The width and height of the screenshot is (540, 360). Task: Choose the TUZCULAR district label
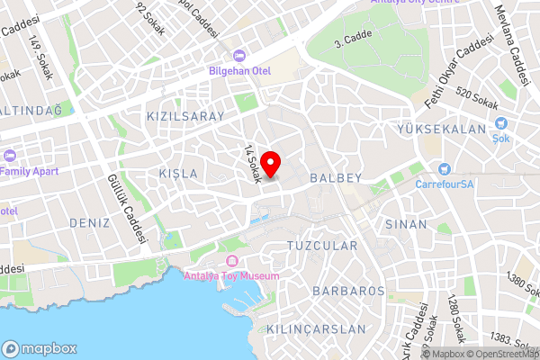point(321,246)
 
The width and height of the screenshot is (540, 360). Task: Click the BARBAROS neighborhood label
point(348,292)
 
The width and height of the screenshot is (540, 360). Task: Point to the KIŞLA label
point(177,173)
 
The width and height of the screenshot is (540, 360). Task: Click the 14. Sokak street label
point(251,165)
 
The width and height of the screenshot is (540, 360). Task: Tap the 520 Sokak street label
point(477,100)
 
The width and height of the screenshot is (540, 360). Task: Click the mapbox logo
point(39,348)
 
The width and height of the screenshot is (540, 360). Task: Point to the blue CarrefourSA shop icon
point(444,169)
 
